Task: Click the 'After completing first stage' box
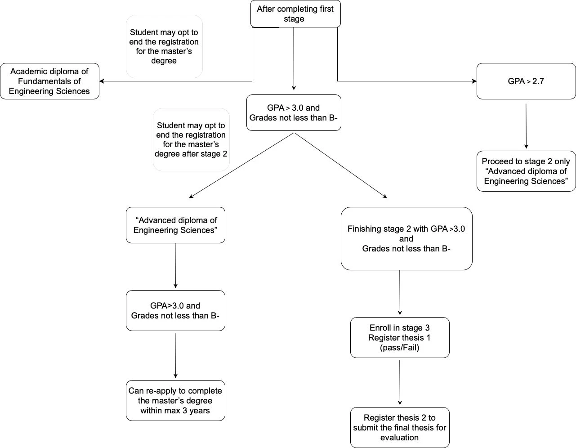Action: coord(295,14)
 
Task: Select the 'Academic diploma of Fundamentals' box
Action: coord(49,81)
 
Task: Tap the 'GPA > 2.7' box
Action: coord(526,81)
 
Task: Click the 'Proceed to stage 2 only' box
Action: coord(526,171)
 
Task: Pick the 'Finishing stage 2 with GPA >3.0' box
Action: coord(406,238)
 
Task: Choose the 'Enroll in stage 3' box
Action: coord(400,337)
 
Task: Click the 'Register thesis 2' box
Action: coord(400,428)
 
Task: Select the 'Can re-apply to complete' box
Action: coord(175,401)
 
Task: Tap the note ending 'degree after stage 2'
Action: coord(191,139)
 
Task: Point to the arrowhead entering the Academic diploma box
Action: coord(102,81)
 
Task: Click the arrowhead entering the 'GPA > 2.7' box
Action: coord(474,81)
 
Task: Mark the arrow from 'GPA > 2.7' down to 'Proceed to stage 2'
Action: coord(526,126)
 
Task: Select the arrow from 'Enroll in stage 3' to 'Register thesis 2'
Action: coord(400,382)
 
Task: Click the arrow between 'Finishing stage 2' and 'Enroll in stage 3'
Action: coord(400,293)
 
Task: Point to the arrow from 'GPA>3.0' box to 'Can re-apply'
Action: coord(175,355)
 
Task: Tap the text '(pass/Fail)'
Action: coord(399,348)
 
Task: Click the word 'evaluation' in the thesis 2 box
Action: coord(399,437)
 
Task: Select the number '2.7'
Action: coord(538,81)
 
